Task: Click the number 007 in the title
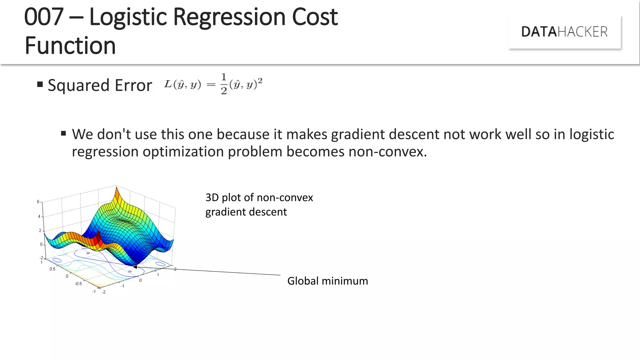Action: point(44,17)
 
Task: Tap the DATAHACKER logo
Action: point(564,32)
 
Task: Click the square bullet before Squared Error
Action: point(40,84)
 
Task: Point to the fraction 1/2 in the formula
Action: point(224,84)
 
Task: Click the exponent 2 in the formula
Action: point(260,81)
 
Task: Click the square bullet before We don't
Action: point(64,134)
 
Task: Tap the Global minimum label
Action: point(327,281)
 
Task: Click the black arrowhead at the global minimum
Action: point(135,267)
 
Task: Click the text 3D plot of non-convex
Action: point(259,197)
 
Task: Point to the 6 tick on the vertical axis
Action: point(38,202)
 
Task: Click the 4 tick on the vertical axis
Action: point(39,216)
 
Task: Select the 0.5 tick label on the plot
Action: point(52,269)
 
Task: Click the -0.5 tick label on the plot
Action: point(78,284)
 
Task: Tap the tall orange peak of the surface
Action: point(117,194)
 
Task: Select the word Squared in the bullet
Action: point(78,85)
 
